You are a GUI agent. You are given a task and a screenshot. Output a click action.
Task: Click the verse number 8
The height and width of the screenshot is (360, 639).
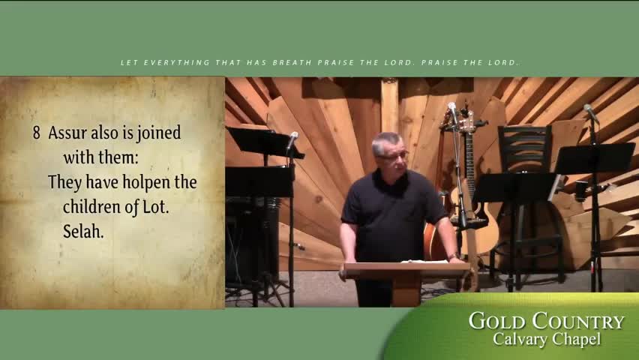point(36,133)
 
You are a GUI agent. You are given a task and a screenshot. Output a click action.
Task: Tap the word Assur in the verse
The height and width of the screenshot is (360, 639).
point(65,133)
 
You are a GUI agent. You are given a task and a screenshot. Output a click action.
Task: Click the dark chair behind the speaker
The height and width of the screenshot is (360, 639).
point(525,150)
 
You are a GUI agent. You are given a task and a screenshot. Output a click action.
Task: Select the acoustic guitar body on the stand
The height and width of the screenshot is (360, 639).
point(480,232)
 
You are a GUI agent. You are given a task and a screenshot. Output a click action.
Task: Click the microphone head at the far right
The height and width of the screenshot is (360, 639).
point(589,112)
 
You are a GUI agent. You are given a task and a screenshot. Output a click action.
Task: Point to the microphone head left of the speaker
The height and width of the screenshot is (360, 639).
point(292,139)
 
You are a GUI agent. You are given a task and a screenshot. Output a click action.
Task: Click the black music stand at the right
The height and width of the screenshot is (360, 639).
point(594,158)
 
